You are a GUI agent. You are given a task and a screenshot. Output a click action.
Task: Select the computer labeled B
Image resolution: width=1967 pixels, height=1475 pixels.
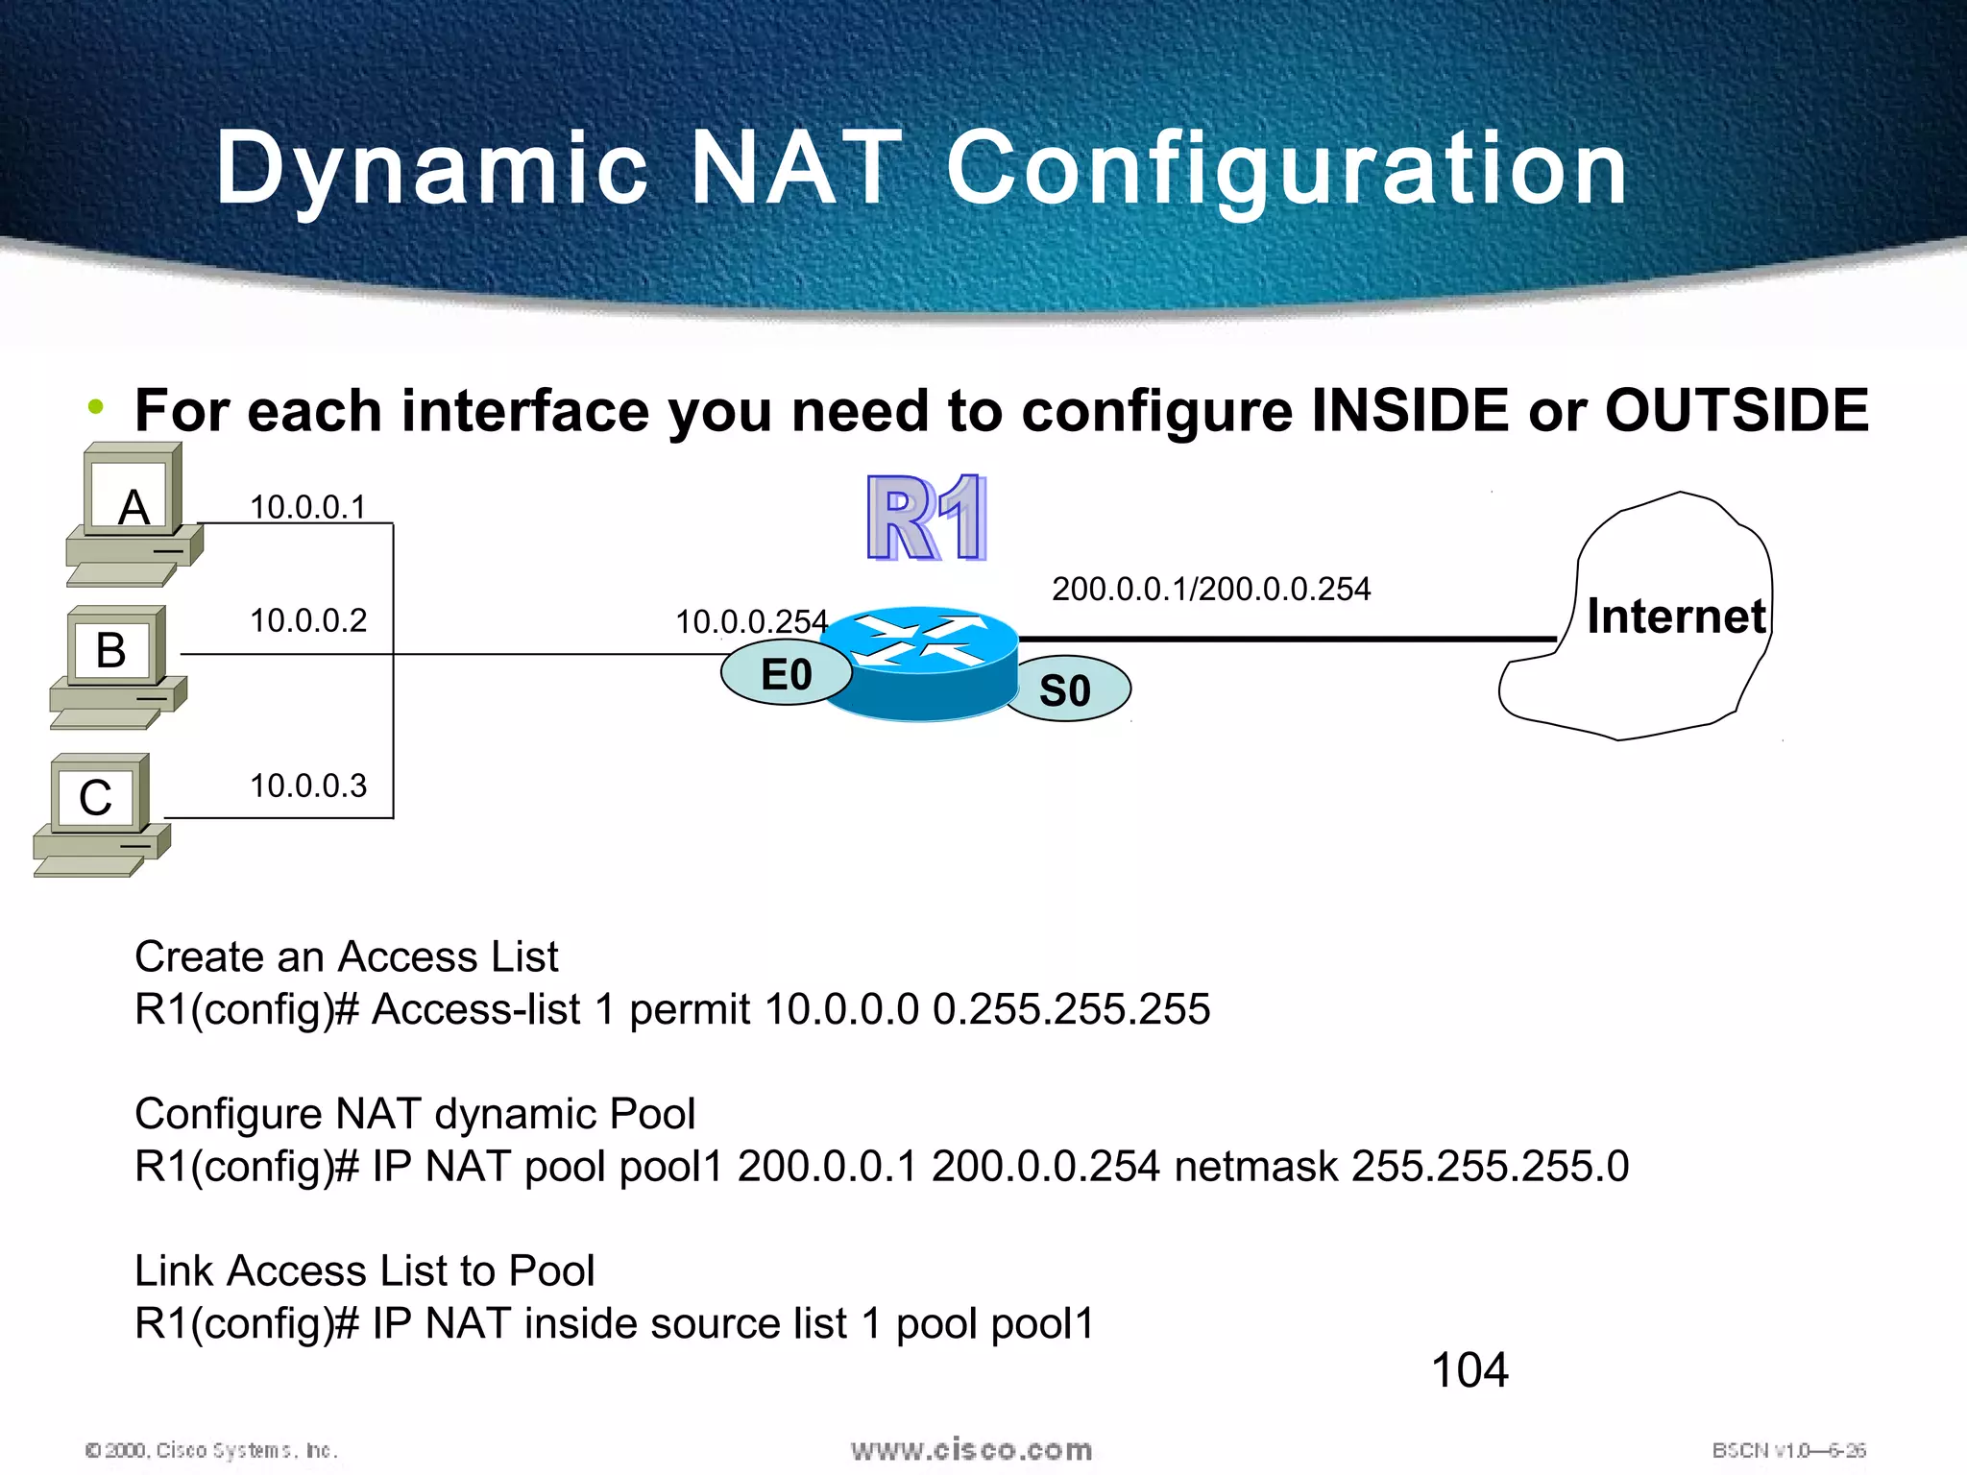(116, 665)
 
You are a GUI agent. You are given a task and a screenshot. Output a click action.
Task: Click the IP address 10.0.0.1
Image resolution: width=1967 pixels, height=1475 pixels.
(307, 507)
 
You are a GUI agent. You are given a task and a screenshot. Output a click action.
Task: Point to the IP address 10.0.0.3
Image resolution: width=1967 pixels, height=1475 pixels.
(307, 786)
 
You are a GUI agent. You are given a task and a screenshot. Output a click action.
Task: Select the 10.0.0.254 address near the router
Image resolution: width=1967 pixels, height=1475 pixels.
(750, 622)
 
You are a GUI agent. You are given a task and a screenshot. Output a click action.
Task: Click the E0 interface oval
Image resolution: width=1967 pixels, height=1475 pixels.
(786, 674)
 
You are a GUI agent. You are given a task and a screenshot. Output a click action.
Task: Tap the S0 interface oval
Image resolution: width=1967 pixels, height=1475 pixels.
(1065, 690)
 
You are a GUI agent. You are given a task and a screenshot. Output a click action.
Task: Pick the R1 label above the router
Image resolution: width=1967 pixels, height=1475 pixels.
(926, 519)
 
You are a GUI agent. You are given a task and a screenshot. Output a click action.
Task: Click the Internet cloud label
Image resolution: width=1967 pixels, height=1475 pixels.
(1675, 617)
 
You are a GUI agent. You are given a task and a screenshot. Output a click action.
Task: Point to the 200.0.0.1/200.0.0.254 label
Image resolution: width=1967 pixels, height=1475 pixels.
(1210, 589)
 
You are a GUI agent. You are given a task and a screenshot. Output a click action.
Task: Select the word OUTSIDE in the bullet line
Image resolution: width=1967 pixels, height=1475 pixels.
(1736, 411)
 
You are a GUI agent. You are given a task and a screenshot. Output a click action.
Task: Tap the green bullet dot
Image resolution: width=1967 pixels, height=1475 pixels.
(95, 407)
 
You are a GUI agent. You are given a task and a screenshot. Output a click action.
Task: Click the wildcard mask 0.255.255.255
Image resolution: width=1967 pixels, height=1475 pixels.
(1071, 1009)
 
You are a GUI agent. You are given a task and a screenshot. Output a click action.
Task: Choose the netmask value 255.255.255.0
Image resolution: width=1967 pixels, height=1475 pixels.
(1490, 1167)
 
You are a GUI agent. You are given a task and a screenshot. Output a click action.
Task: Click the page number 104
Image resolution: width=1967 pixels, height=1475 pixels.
(1469, 1369)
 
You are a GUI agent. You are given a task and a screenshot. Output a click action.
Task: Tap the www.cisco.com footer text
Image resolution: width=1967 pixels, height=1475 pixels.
(971, 1450)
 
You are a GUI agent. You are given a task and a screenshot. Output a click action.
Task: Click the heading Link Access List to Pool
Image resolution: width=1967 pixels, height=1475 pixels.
(364, 1270)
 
